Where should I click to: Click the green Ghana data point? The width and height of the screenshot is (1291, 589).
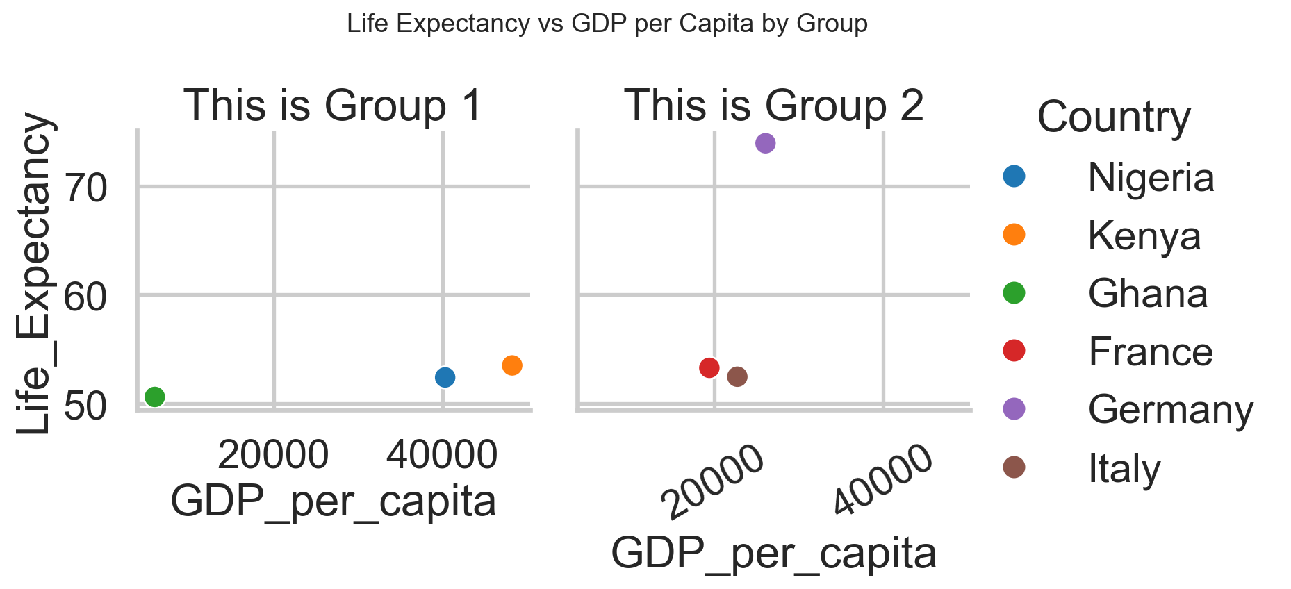pyautogui.click(x=154, y=397)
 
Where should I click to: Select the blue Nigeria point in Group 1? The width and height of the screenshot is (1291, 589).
pyautogui.click(x=445, y=377)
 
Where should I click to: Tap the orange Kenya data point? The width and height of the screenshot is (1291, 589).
pyautogui.click(x=512, y=365)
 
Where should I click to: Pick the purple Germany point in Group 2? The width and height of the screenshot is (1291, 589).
pyautogui.click(x=765, y=143)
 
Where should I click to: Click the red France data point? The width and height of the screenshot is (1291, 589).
pyautogui.click(x=709, y=367)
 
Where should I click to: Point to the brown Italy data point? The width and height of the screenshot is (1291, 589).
pyautogui.click(x=737, y=376)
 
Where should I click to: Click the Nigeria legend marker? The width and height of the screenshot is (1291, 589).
pyautogui.click(x=1014, y=176)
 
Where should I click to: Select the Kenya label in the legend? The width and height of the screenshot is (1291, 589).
pyautogui.click(x=1144, y=236)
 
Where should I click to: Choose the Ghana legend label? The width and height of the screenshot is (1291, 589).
pyautogui.click(x=1148, y=294)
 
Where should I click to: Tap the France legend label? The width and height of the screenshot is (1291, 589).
pyautogui.click(x=1150, y=352)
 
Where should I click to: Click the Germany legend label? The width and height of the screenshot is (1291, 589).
pyautogui.click(x=1170, y=410)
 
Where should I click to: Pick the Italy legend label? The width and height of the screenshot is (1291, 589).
pyautogui.click(x=1124, y=469)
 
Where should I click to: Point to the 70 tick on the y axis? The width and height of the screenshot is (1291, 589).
pyautogui.click(x=85, y=188)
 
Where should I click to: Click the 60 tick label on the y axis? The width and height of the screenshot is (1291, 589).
pyautogui.click(x=85, y=297)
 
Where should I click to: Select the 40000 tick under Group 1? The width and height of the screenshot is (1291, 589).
pyautogui.click(x=442, y=455)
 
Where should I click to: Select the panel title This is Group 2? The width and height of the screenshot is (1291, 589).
pyautogui.click(x=774, y=106)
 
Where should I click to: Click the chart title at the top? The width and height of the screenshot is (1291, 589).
pyautogui.click(x=607, y=24)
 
